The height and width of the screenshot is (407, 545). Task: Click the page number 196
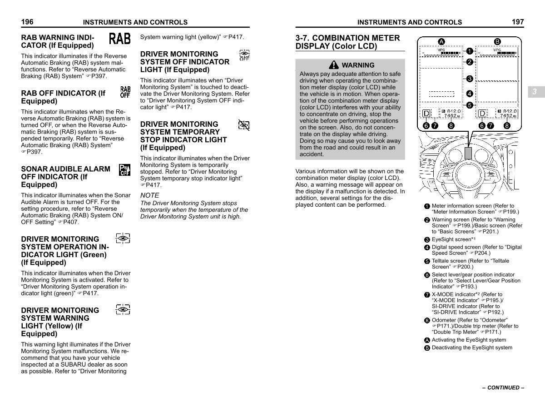27,22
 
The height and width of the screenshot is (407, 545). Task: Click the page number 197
517,22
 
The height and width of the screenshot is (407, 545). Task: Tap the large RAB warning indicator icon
120,39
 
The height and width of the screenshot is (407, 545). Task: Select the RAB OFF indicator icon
125,92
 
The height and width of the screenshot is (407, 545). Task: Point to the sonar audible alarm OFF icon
124,170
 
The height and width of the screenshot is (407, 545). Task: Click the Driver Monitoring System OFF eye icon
244,55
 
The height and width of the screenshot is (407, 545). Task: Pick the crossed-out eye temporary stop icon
244,125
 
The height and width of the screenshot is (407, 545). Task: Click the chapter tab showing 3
535,92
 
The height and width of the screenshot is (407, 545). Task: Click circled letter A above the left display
441,40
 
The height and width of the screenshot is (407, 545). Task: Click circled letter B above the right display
497,40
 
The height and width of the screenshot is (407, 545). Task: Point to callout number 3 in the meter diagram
470,79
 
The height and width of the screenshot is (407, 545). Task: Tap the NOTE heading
150,195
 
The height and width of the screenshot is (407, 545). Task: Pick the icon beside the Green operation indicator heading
123,238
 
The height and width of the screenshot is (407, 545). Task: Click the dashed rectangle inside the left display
441,94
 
